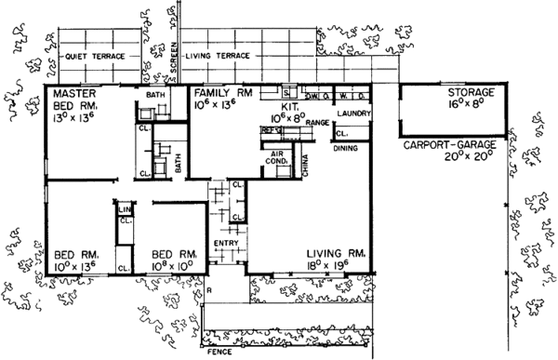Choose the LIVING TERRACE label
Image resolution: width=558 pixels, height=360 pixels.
click(x=219, y=57)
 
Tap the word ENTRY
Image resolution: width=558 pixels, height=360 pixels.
click(x=226, y=245)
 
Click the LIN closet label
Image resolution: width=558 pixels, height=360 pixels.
click(x=124, y=211)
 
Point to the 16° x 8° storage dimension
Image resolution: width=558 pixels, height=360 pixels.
click(x=470, y=107)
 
